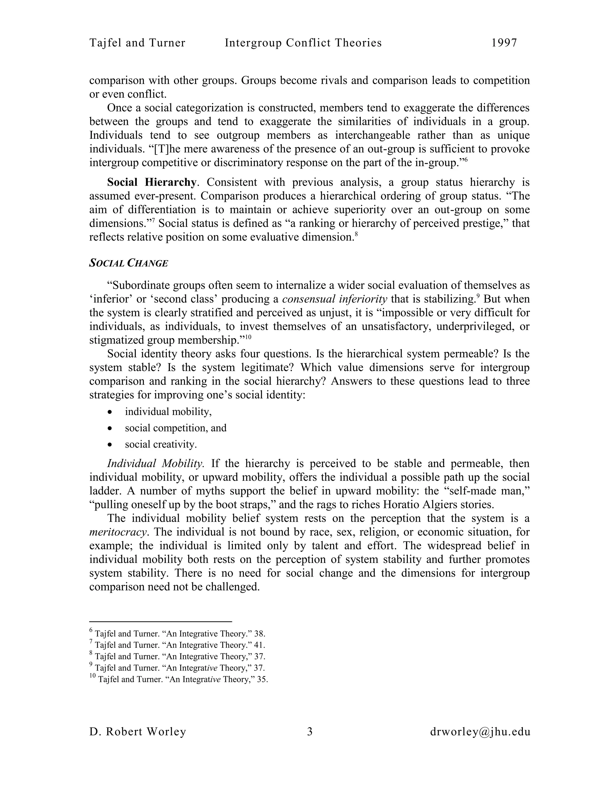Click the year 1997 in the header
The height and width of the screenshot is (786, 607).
pyautogui.click(x=504, y=43)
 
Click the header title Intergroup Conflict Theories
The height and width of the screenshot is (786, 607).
pyautogui.click(x=303, y=43)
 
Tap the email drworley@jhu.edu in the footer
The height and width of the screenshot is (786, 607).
pyautogui.click(x=480, y=732)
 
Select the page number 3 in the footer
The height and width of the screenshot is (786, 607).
pyautogui.click(x=310, y=732)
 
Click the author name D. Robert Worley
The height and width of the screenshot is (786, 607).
pyautogui.click(x=138, y=732)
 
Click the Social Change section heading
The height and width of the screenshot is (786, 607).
pyautogui.click(x=128, y=263)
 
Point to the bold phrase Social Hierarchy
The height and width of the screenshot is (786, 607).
pyautogui.click(x=151, y=182)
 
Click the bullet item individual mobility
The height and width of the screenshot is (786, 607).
pyautogui.click(x=168, y=411)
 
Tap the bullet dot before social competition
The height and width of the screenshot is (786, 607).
pyautogui.click(x=110, y=428)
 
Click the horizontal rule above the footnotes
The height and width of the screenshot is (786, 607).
pyautogui.click(x=160, y=621)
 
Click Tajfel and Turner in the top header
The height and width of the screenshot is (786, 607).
pyautogui.click(x=137, y=43)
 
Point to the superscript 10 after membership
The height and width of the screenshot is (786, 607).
pyautogui.click(x=248, y=337)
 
